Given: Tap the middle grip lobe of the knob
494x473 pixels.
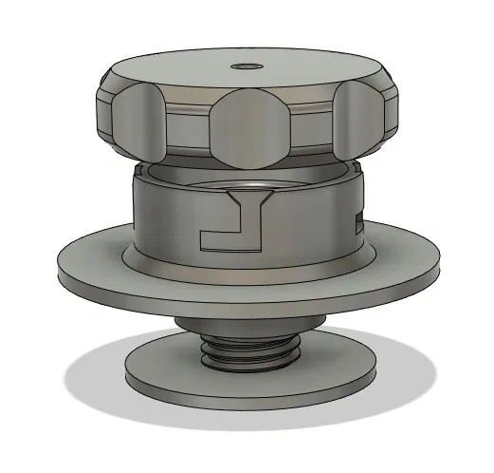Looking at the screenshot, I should (x=249, y=127).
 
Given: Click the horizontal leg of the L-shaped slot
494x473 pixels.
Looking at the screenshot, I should (x=228, y=240).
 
